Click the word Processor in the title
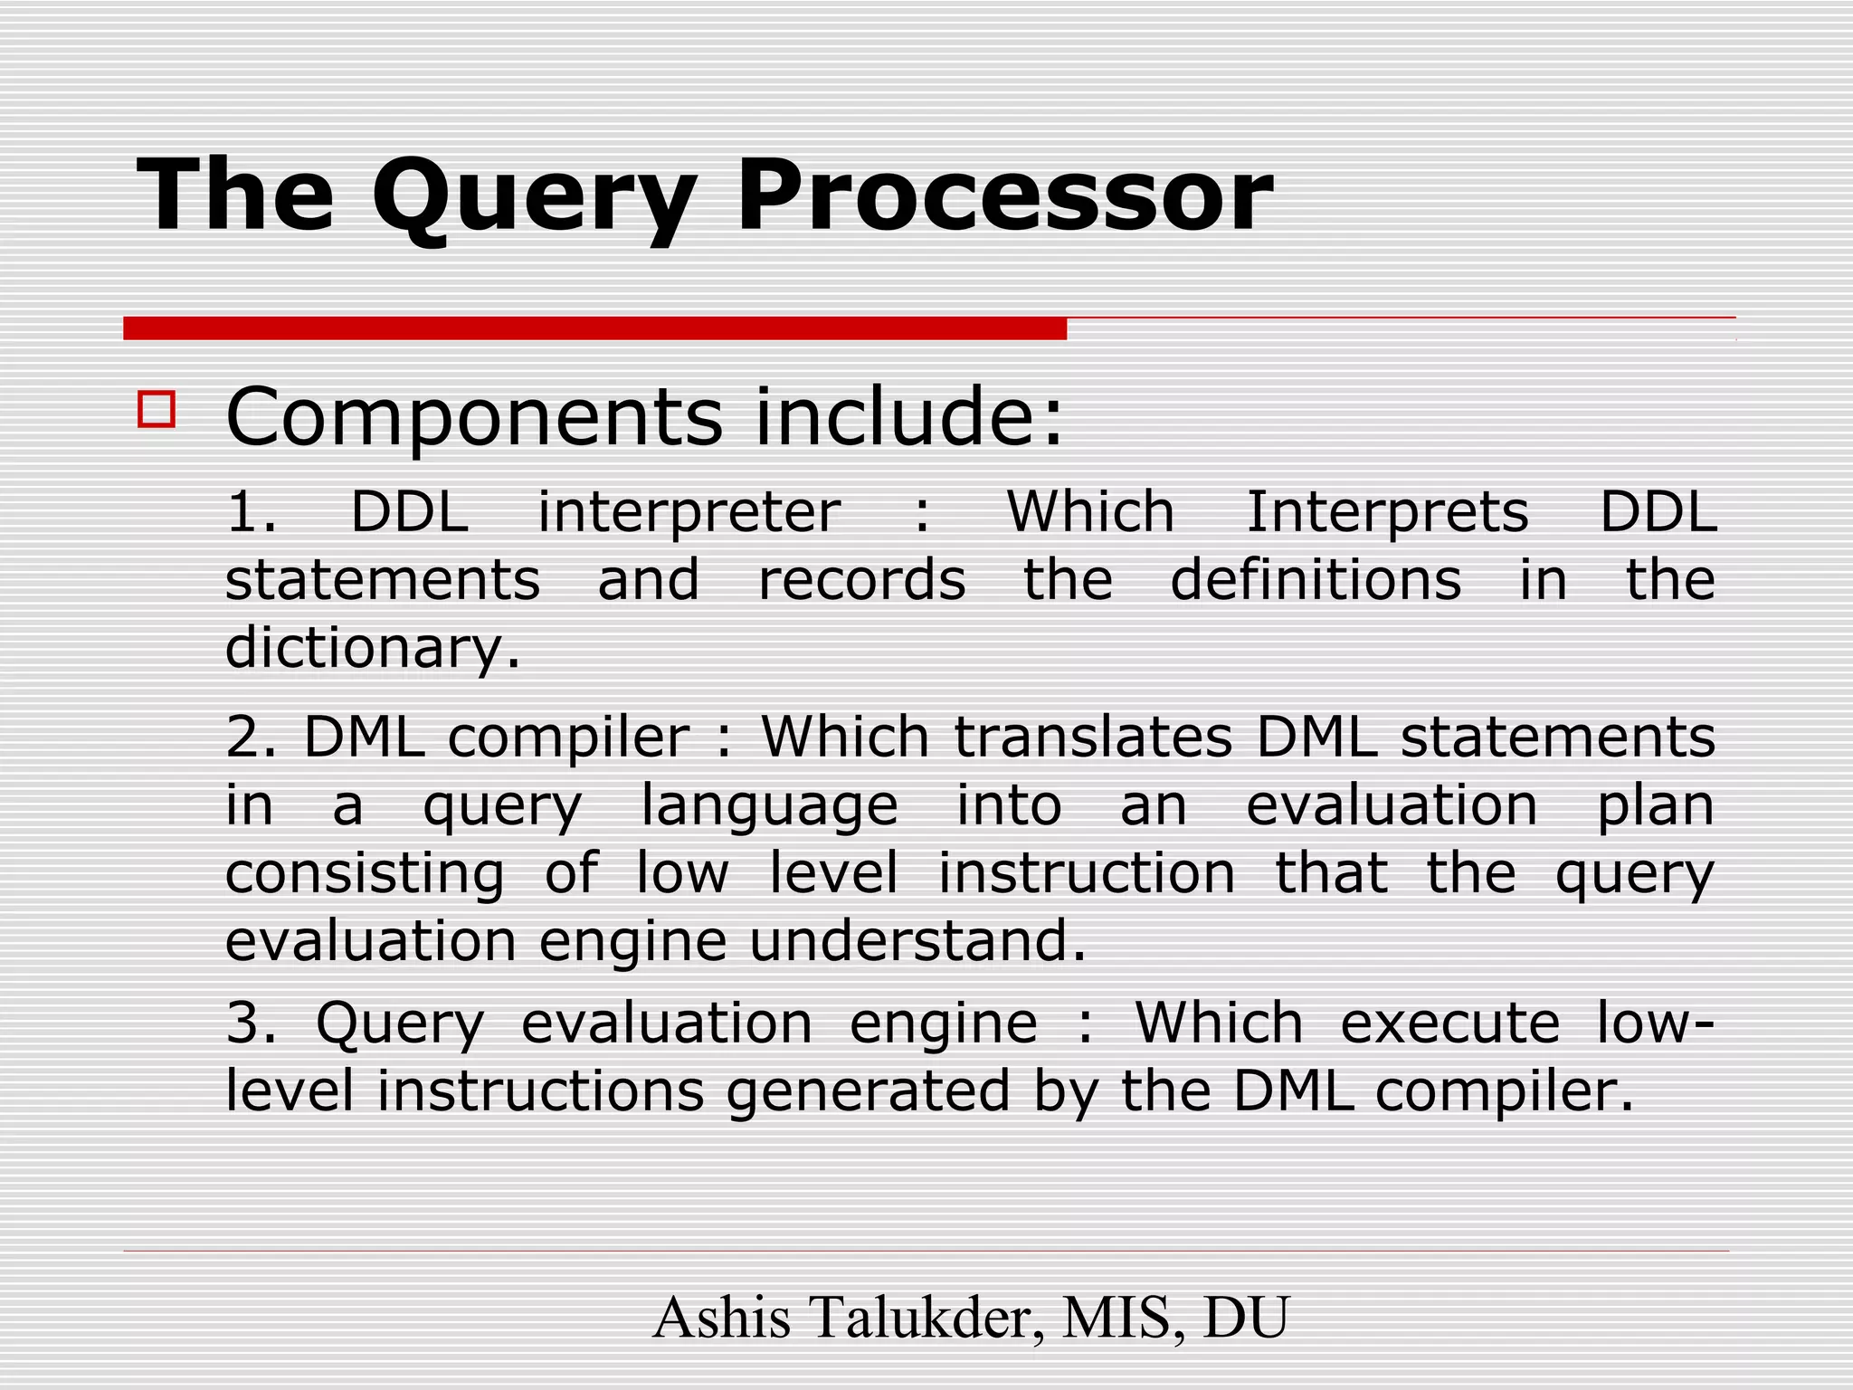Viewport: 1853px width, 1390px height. click(x=1004, y=195)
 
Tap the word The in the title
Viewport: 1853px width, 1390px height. click(x=235, y=195)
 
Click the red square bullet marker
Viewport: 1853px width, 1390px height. click(x=156, y=409)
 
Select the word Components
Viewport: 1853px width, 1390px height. click(x=474, y=418)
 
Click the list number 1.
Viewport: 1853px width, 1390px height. click(x=251, y=512)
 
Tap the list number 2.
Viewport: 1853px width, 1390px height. click(x=251, y=737)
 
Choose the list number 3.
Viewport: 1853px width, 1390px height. click(x=251, y=1023)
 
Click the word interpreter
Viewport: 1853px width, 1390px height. click(x=689, y=512)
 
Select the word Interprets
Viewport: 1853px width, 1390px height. click(x=1387, y=512)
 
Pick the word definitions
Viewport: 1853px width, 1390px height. click(x=1316, y=580)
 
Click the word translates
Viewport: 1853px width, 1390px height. click(x=1093, y=737)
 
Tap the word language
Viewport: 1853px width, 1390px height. click(x=769, y=807)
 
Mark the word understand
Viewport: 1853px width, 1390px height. click(x=917, y=941)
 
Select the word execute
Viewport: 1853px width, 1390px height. click(x=1450, y=1023)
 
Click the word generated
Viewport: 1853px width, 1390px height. click(x=868, y=1091)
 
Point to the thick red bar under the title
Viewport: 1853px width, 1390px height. click(x=594, y=328)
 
